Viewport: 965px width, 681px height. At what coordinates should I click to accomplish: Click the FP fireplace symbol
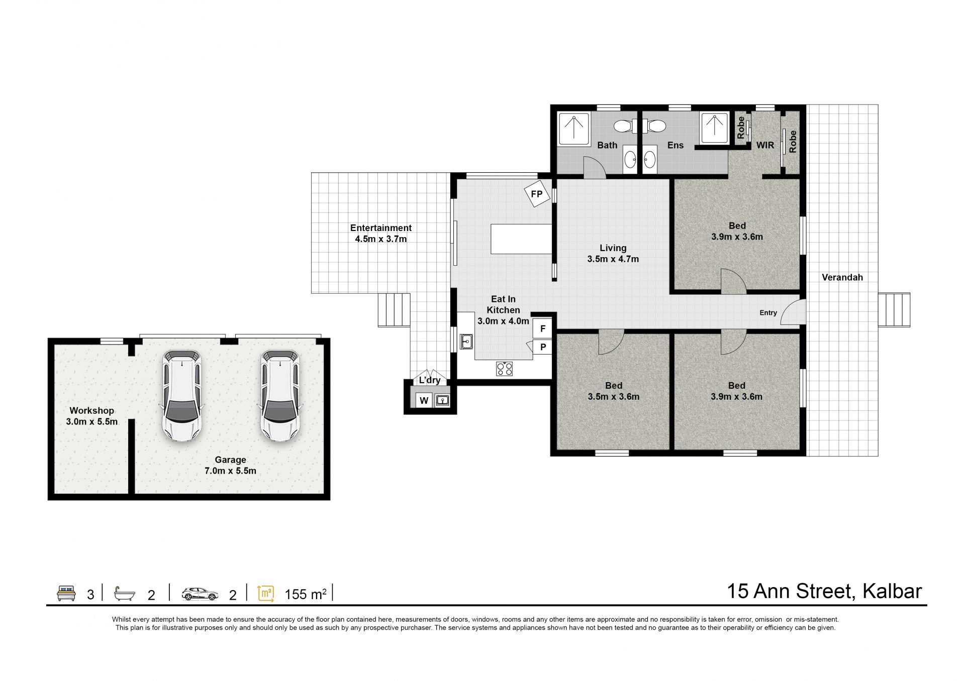537,194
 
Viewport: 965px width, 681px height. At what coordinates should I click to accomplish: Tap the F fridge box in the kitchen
542,329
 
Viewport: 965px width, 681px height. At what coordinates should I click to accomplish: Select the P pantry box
542,347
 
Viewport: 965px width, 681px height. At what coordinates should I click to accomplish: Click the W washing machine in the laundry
424,400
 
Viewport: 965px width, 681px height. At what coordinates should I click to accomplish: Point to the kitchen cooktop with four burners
505,369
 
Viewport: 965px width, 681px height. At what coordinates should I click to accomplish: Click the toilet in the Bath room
623,126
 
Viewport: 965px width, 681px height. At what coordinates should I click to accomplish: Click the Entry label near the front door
768,313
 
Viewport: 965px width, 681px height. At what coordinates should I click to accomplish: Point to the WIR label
765,145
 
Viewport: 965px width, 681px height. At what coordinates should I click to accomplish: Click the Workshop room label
91,410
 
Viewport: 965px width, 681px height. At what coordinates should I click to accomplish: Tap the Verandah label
842,277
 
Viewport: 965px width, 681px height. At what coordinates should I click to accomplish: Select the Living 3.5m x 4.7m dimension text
613,259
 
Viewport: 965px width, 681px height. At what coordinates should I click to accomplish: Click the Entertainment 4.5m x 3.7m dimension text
380,239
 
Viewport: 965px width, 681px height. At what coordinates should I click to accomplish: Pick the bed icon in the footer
66,593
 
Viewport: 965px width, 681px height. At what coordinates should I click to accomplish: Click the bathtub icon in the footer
125,594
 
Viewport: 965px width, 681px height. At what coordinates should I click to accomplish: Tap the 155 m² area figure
306,595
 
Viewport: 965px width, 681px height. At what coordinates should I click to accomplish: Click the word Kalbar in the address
892,591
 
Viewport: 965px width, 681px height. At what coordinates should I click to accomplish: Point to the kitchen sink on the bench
466,342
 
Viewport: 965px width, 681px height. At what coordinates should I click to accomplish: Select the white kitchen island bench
521,239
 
